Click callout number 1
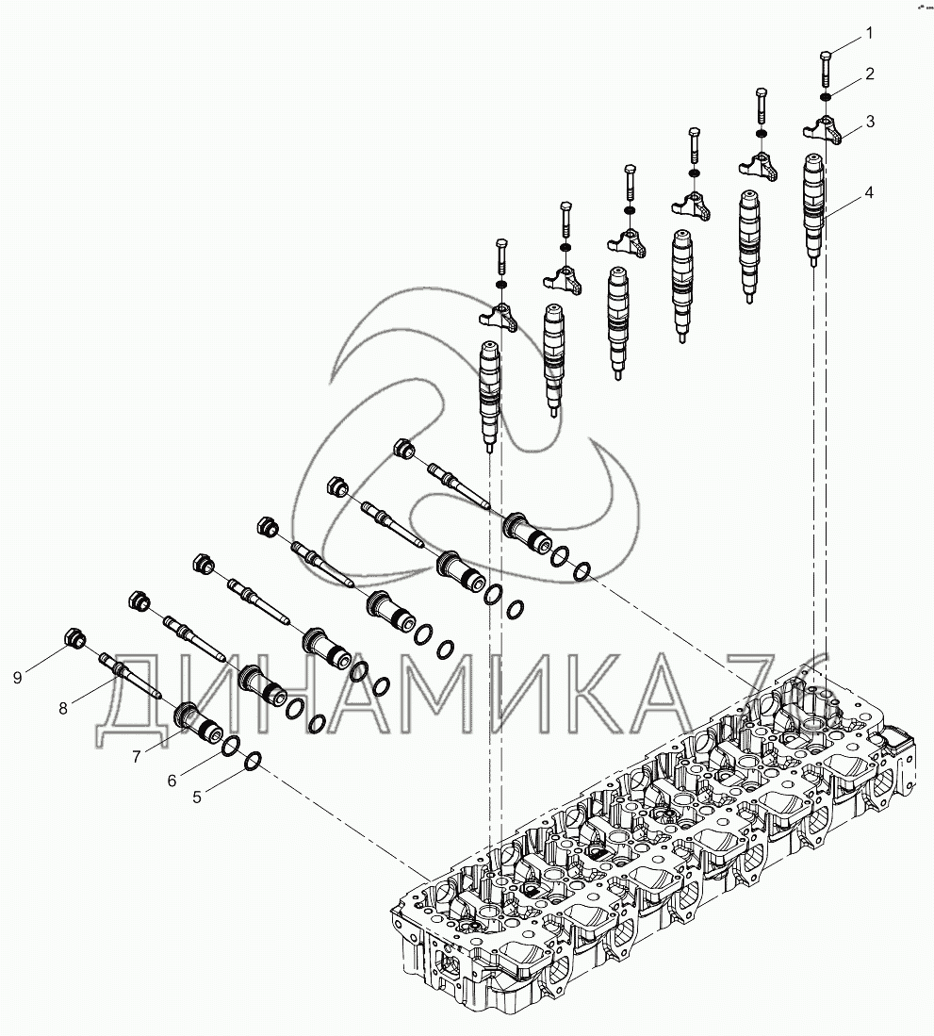click(869, 34)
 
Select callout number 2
click(869, 74)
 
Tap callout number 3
click(869, 121)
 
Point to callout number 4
click(869, 193)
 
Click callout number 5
click(197, 797)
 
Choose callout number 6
click(172, 781)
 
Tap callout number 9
click(17, 676)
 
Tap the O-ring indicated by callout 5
click(254, 760)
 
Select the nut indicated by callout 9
click(75, 640)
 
